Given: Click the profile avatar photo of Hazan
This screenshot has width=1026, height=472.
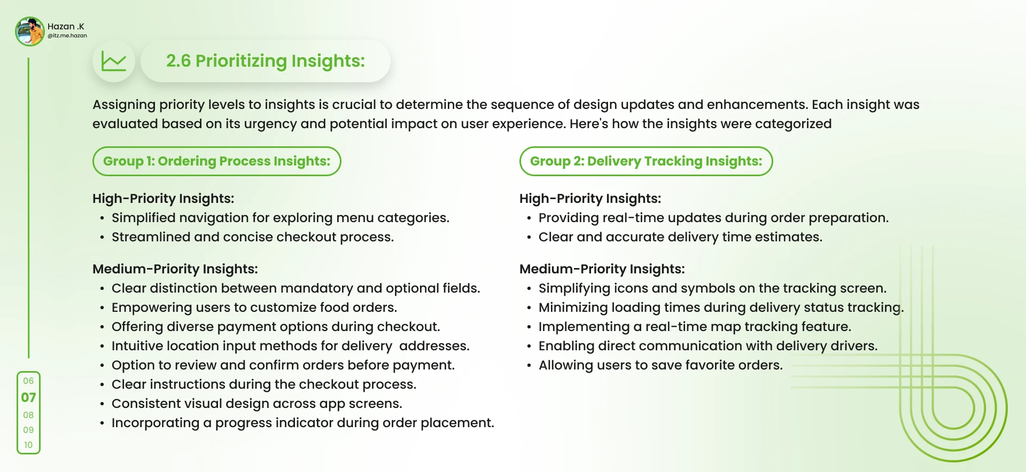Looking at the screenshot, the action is coord(30,32).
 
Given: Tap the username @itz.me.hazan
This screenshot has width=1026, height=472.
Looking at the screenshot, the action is coord(67,36).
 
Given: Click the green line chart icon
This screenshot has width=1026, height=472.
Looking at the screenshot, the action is coord(114,61).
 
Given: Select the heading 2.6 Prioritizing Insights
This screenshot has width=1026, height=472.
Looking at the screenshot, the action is coord(266,61).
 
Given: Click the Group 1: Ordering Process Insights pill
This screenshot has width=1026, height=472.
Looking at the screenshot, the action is coord(217,161).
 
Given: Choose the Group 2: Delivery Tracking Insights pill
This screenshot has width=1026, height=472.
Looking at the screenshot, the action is coord(646,161).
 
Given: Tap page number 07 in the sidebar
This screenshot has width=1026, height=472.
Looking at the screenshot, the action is coord(28,398).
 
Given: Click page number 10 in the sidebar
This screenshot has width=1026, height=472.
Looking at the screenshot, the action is coord(28,445).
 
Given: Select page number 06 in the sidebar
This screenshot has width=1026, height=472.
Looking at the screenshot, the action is coord(28,381).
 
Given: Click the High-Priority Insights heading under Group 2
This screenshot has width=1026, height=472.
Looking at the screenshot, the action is coord(590,199).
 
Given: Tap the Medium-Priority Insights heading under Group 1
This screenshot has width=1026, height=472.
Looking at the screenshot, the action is coord(175,269).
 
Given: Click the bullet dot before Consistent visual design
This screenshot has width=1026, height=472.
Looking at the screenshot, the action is coord(102,404).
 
